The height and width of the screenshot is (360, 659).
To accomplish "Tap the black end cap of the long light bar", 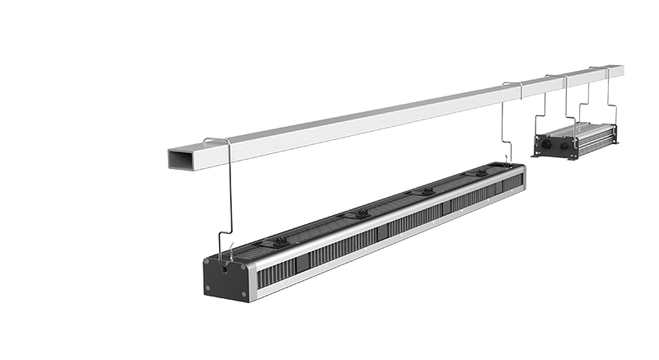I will [225, 278].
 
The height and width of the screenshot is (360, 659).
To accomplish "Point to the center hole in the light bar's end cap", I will [225, 269].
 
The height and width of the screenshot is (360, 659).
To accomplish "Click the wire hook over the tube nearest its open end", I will [216, 141].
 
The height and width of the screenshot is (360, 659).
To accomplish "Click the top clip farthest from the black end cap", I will [481, 173].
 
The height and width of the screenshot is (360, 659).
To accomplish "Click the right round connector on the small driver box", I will [568, 143].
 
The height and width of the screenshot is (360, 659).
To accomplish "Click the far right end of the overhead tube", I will [619, 70].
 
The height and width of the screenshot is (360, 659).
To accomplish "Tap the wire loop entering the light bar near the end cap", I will [227, 244].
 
